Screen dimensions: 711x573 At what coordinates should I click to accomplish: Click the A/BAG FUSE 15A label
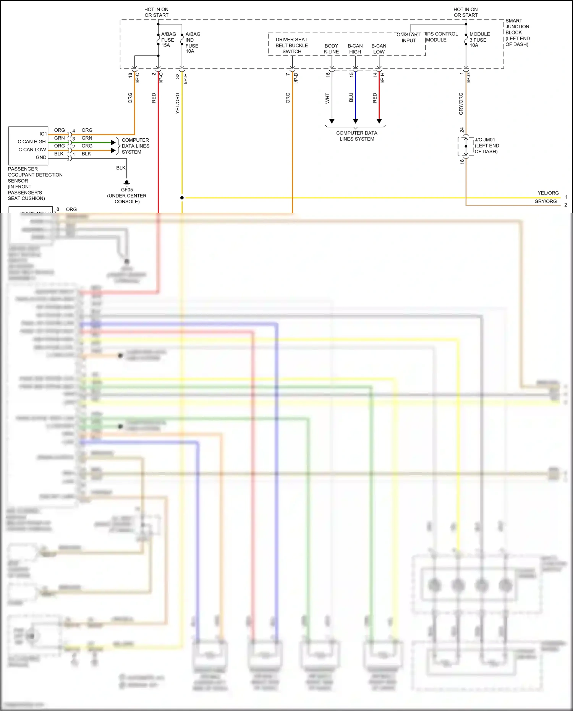168,40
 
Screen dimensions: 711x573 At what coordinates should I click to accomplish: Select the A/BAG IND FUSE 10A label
192,42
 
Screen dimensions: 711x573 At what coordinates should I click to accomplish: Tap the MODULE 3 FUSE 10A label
479,40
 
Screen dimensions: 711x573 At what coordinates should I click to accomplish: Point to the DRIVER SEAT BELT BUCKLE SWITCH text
291,45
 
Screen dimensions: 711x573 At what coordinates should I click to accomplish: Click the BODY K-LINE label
331,49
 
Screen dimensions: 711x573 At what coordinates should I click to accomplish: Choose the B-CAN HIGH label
355,49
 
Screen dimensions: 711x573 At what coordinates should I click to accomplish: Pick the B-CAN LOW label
379,49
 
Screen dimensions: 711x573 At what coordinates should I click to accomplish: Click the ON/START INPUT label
408,37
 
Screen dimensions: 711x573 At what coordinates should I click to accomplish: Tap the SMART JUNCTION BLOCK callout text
517,32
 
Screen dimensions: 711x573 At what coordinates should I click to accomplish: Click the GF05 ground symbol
127,183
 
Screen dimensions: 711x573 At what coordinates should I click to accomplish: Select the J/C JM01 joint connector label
486,146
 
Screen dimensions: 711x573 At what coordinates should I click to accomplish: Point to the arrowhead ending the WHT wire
332,121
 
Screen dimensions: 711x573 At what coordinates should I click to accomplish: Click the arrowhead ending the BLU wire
355,121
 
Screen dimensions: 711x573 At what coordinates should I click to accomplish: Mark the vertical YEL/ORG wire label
177,103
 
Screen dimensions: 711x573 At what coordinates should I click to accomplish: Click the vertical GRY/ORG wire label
461,104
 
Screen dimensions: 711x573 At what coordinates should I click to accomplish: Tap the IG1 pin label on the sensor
43,134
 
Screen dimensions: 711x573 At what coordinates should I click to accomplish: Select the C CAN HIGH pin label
32,142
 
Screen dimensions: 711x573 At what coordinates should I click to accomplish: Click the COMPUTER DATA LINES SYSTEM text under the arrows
356,136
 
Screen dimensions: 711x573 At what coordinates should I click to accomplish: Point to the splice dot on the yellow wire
182,198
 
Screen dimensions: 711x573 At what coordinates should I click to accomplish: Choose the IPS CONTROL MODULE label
441,37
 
